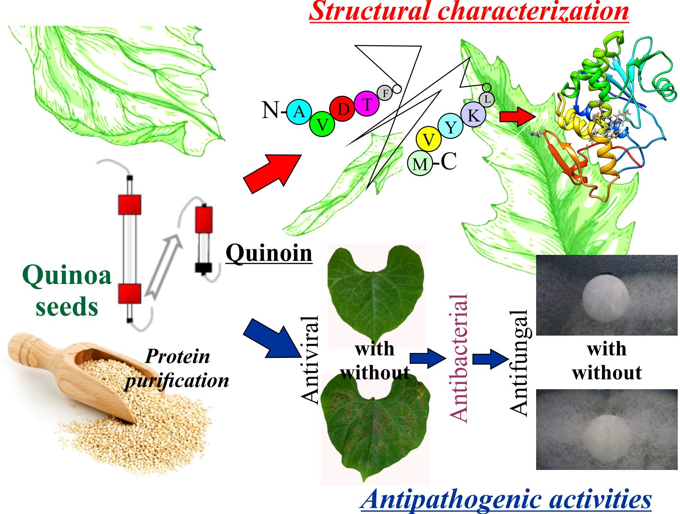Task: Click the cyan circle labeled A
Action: click(x=299, y=112)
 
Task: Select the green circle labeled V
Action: click(x=322, y=124)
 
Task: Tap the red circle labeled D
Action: click(x=343, y=109)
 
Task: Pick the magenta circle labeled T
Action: click(x=367, y=104)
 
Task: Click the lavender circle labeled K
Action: click(x=473, y=115)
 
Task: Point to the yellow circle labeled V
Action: click(x=428, y=139)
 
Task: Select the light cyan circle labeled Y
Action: click(x=450, y=127)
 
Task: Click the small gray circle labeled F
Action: click(x=385, y=93)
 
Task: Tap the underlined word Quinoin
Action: click(x=269, y=253)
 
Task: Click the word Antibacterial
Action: click(x=458, y=358)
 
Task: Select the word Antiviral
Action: click(x=310, y=360)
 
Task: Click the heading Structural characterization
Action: click(x=468, y=11)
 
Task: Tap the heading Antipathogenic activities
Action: click(x=506, y=499)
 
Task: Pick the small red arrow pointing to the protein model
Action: click(x=517, y=116)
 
